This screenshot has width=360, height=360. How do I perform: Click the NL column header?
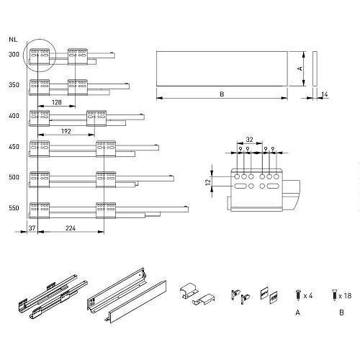click(x=13, y=40)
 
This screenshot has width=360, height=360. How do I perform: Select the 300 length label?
click(x=14, y=55)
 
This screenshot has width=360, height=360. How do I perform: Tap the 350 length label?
click(x=14, y=85)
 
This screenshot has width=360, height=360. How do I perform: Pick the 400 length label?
click(x=14, y=116)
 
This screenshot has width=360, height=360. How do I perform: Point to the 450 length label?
click(x=14, y=147)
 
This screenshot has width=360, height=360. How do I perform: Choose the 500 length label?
click(x=14, y=177)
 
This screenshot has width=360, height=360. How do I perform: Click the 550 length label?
click(x=14, y=208)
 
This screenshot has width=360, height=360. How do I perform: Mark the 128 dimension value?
click(x=57, y=102)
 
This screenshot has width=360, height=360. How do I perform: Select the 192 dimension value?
click(x=66, y=131)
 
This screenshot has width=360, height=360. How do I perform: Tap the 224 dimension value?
click(x=71, y=228)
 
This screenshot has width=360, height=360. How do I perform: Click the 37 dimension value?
click(x=32, y=228)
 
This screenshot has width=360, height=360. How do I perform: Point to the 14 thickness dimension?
click(x=324, y=94)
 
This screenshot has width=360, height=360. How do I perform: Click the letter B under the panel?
click(x=222, y=94)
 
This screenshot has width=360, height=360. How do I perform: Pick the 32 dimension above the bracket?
click(x=249, y=140)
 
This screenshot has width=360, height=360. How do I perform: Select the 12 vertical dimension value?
click(x=208, y=181)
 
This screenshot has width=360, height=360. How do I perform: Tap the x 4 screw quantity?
click(x=308, y=296)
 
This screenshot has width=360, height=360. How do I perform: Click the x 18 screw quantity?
click(x=345, y=296)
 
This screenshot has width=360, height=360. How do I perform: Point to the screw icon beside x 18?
click(x=334, y=295)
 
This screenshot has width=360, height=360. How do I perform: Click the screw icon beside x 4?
click(x=298, y=295)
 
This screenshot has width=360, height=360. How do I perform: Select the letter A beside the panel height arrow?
click(x=300, y=68)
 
